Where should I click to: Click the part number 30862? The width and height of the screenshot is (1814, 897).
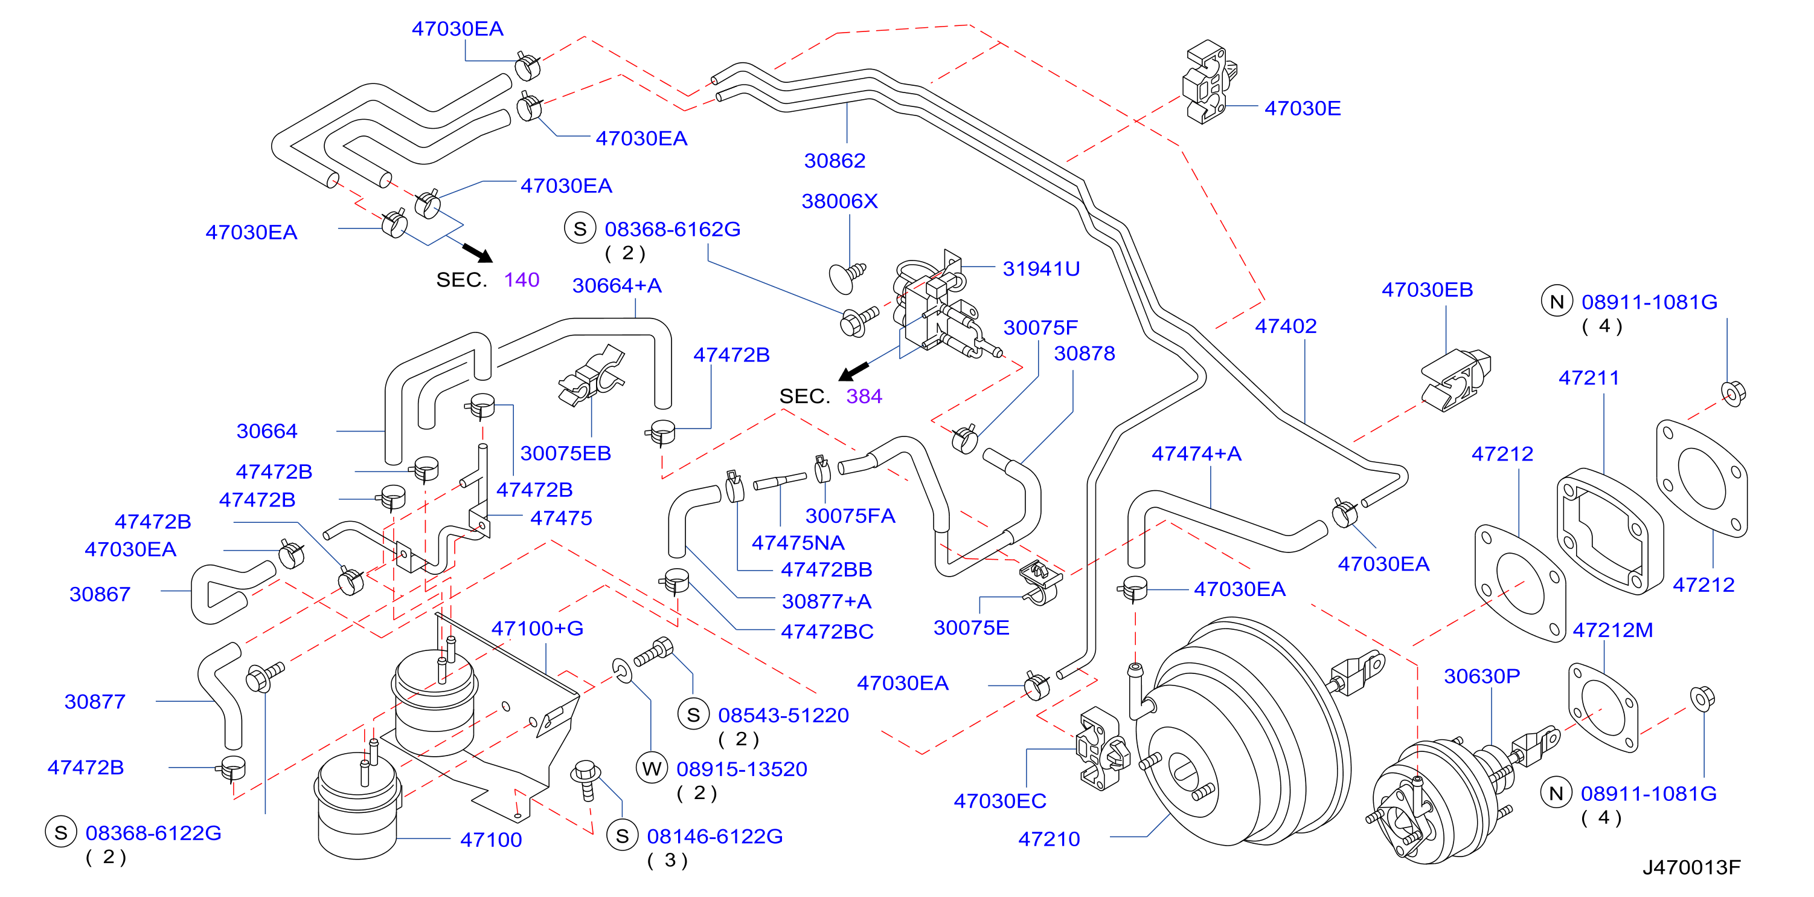pyautogui.click(x=835, y=161)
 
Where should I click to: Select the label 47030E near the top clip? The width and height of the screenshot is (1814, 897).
pyautogui.click(x=1302, y=109)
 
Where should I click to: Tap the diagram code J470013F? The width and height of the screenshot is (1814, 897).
pyautogui.click(x=1691, y=867)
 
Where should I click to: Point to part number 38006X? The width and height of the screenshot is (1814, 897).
pyautogui.click(x=839, y=201)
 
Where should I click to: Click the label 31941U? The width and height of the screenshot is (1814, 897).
pyautogui.click(x=1041, y=269)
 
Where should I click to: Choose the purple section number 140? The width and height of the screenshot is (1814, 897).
pyautogui.click(x=522, y=280)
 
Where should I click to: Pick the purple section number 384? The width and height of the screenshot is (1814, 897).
pyautogui.click(x=864, y=397)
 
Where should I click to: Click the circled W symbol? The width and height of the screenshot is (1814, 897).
pyautogui.click(x=652, y=769)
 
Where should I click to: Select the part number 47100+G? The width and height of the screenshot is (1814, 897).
pyautogui.click(x=537, y=629)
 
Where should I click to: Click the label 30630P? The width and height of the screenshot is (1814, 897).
pyautogui.click(x=1482, y=676)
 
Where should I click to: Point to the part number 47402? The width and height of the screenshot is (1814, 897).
pyautogui.click(x=1285, y=326)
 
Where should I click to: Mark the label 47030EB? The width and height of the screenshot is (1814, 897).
pyautogui.click(x=1427, y=290)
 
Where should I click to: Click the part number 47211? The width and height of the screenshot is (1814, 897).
pyautogui.click(x=1589, y=378)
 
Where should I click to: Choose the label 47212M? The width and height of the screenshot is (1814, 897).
pyautogui.click(x=1612, y=630)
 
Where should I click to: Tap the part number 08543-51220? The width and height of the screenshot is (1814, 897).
pyautogui.click(x=783, y=716)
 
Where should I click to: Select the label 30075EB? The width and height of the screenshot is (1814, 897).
pyautogui.click(x=565, y=454)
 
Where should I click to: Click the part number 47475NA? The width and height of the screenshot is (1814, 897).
pyautogui.click(x=798, y=543)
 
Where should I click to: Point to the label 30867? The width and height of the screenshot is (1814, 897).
pyautogui.click(x=100, y=595)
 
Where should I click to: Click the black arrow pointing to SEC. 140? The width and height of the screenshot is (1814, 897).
pyautogui.click(x=478, y=253)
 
